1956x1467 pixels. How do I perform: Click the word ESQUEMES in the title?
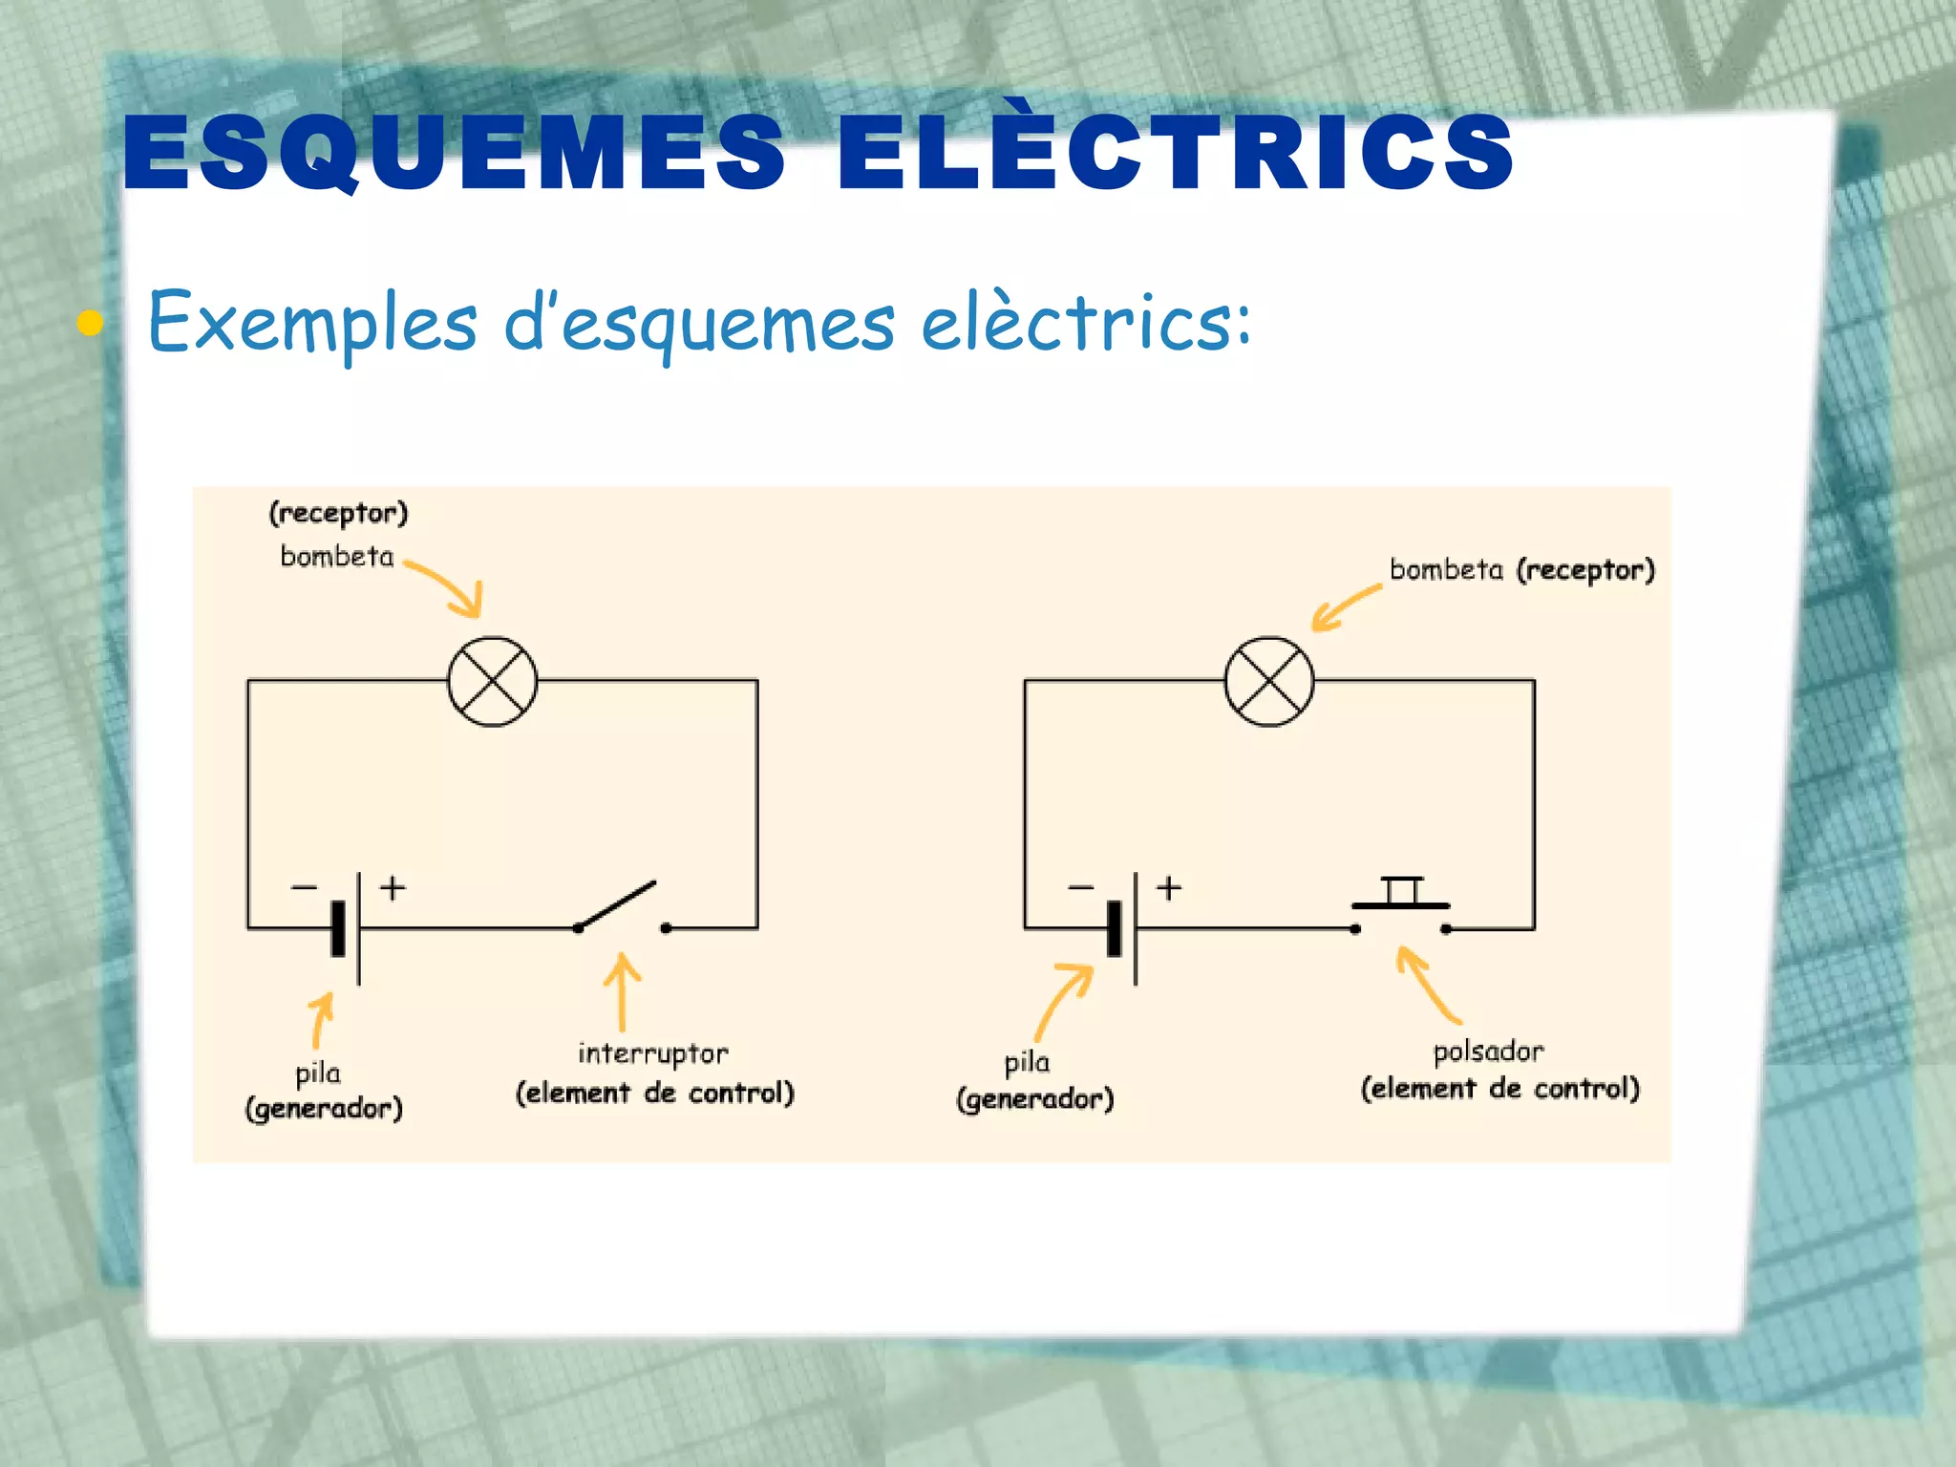[454, 153]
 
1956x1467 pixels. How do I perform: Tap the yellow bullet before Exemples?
[90, 323]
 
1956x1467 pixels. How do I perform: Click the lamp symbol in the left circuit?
[493, 682]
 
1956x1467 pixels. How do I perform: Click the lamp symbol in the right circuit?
[1269, 682]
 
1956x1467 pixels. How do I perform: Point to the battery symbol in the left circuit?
[347, 927]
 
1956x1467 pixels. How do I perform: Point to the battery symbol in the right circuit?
[1123, 927]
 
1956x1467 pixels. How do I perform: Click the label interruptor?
[653, 1053]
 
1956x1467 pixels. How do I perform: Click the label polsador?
[1488, 1052]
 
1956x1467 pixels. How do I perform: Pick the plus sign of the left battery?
[393, 888]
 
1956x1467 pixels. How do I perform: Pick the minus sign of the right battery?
[1080, 888]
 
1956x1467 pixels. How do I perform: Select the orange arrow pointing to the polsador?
[1427, 984]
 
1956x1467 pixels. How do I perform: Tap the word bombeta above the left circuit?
[336, 557]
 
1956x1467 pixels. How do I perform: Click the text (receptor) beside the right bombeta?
[1585, 570]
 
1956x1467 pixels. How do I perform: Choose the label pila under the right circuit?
[1027, 1062]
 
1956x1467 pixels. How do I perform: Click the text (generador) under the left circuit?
[324, 1109]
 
